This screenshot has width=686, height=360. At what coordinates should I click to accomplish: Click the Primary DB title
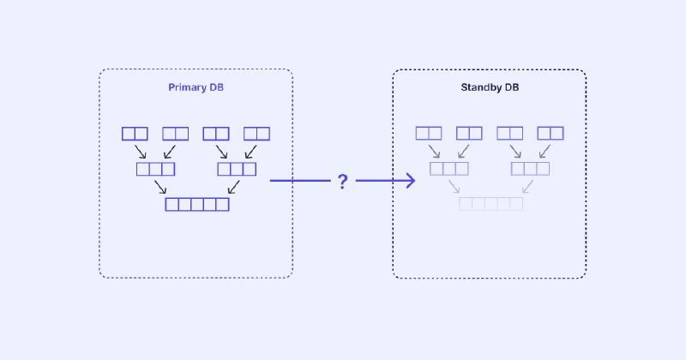point(196,87)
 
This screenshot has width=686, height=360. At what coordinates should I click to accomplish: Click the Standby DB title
point(490,87)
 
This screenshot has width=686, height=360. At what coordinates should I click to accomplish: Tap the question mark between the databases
point(343,181)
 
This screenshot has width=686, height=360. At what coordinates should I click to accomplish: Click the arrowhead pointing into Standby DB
point(411,180)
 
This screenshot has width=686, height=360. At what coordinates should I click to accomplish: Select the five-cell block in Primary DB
point(197,204)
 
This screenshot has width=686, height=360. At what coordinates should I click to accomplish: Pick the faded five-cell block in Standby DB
point(490,204)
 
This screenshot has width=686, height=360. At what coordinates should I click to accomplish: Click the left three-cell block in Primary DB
point(156,169)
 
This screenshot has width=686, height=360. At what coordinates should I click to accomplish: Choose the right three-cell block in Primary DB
point(237,169)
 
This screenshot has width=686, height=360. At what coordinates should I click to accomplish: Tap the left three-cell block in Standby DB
point(449,168)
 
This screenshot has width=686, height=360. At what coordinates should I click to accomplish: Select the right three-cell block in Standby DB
point(530,168)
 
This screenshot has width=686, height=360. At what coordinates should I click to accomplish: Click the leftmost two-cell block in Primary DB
point(135,134)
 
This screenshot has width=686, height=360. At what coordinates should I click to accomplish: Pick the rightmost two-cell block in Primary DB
point(256,134)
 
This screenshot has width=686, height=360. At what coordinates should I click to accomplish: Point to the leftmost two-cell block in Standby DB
point(429,133)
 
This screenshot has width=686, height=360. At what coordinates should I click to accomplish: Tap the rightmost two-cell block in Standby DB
point(551,133)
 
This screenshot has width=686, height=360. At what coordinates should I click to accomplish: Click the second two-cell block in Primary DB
point(176,134)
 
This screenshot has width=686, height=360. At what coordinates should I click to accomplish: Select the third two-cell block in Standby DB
point(509,133)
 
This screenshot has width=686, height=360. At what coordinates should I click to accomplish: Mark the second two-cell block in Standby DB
point(469,133)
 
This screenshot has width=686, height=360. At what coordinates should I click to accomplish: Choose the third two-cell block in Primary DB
point(216,134)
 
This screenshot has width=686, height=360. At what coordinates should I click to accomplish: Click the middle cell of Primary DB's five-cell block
point(197,204)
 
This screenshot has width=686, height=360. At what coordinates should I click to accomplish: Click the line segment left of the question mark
point(300,180)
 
